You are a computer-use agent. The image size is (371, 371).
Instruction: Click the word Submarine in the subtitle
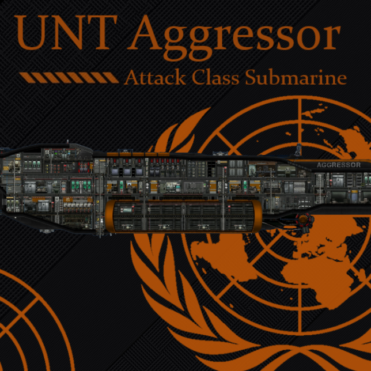pyautogui.click(x=296, y=78)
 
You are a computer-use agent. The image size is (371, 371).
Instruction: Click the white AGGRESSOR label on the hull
pyautogui.click(x=339, y=165)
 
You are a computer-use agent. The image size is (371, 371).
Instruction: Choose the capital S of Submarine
pyautogui.click(x=252, y=78)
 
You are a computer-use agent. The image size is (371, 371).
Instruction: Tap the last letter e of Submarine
pyautogui.click(x=342, y=79)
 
